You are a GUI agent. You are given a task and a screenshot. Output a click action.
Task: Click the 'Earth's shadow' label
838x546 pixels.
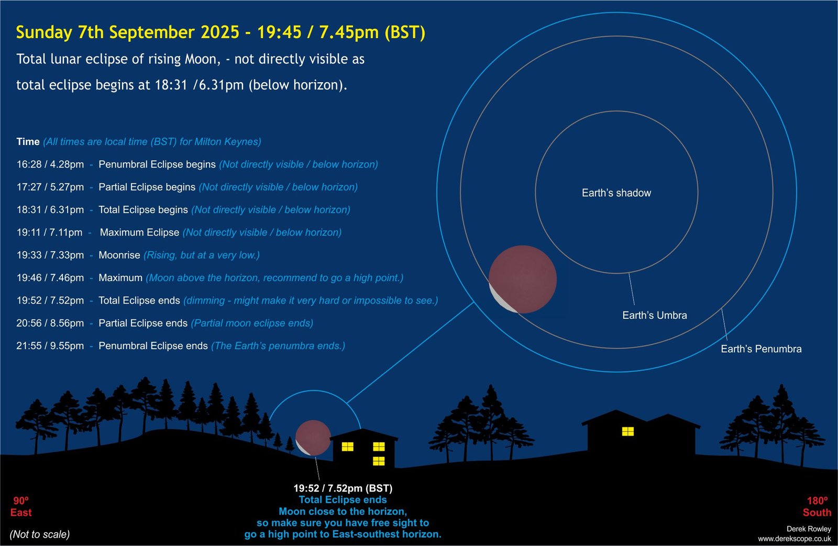(x=616, y=193)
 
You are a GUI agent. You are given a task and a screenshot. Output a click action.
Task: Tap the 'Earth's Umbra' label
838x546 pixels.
(x=655, y=315)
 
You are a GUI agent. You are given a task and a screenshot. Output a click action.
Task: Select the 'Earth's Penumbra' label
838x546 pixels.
(x=762, y=349)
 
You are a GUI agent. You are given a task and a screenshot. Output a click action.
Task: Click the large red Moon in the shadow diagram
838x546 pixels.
(x=523, y=280)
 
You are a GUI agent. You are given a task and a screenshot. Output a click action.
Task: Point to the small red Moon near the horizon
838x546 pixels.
(x=313, y=438)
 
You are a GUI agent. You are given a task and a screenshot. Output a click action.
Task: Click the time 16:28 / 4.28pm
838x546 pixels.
(x=50, y=164)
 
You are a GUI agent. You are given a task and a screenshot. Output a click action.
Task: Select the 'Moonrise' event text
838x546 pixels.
(x=119, y=255)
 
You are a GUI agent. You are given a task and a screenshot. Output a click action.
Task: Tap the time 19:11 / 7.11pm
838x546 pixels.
(x=49, y=232)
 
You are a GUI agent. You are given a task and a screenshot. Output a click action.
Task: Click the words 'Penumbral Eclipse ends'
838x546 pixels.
(x=153, y=346)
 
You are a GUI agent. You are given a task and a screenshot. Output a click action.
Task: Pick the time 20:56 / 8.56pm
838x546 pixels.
(x=50, y=323)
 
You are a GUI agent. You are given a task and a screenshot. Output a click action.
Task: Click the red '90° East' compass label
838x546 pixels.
(x=21, y=507)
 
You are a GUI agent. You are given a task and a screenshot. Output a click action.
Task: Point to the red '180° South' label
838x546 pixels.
(x=817, y=507)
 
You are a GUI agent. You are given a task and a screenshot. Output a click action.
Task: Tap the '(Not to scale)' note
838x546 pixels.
(x=40, y=534)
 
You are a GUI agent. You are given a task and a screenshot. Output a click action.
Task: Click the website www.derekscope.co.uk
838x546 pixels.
(x=795, y=539)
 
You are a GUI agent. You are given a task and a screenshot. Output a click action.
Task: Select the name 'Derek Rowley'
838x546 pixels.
(x=809, y=529)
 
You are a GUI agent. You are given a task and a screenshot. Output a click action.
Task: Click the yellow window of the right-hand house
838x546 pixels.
(x=628, y=431)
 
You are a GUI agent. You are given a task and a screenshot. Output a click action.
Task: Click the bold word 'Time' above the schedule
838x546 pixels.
(x=28, y=142)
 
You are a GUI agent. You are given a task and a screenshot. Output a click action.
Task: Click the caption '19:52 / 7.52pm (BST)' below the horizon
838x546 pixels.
(x=343, y=488)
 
